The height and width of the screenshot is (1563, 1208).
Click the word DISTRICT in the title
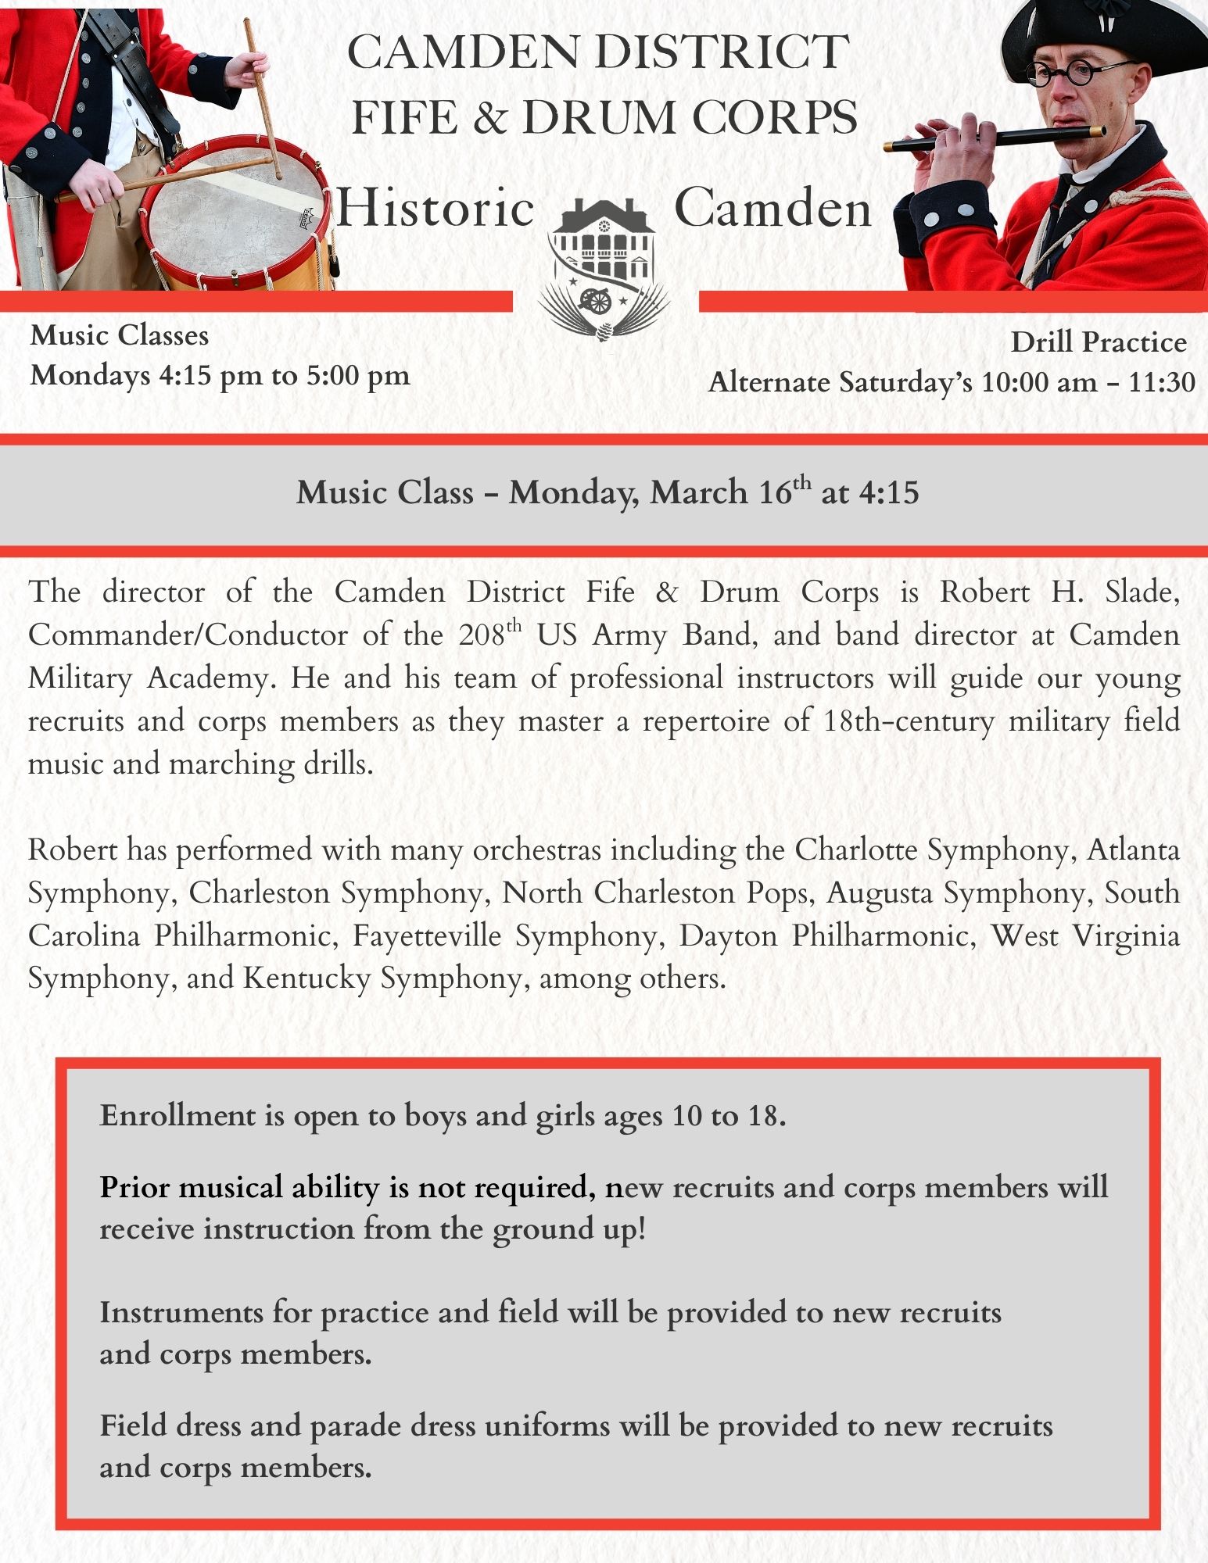721,52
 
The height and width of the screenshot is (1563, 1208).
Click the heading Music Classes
120,335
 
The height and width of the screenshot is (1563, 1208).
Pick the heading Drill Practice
1099,342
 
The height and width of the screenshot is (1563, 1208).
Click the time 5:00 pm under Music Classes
357,376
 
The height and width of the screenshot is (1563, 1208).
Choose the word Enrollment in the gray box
177,1115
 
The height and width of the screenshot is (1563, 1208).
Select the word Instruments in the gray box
181,1312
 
